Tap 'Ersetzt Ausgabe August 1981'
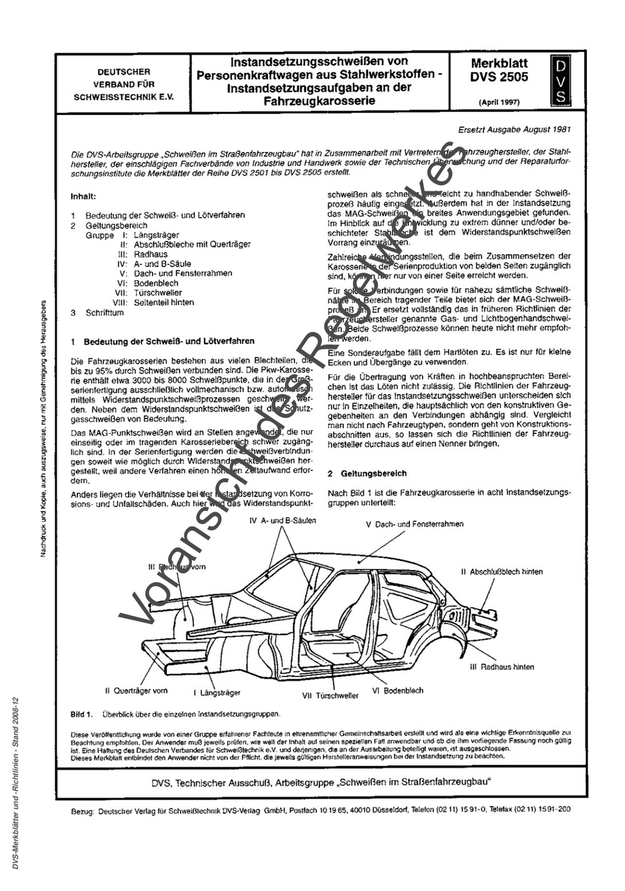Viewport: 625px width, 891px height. [514, 130]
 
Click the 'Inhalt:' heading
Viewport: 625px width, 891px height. [83, 196]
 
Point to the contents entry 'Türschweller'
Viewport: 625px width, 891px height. [157, 293]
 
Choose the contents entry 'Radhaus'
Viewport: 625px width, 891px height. [148, 254]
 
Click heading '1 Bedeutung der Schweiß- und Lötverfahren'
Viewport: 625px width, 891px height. [163, 341]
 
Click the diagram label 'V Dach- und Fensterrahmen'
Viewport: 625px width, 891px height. [415, 524]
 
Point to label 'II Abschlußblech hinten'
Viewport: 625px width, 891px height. [502, 571]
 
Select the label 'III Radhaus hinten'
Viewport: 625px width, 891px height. [501, 667]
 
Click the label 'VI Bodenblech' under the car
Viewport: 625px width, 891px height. [397, 690]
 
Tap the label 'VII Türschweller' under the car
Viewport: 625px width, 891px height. [330, 695]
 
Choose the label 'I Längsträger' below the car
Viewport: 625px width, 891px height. [217, 693]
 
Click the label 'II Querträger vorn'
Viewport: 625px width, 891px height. [136, 691]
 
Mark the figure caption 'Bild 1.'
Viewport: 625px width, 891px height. [82, 713]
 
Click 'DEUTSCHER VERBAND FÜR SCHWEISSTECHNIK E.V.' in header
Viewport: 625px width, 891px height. [123, 84]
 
